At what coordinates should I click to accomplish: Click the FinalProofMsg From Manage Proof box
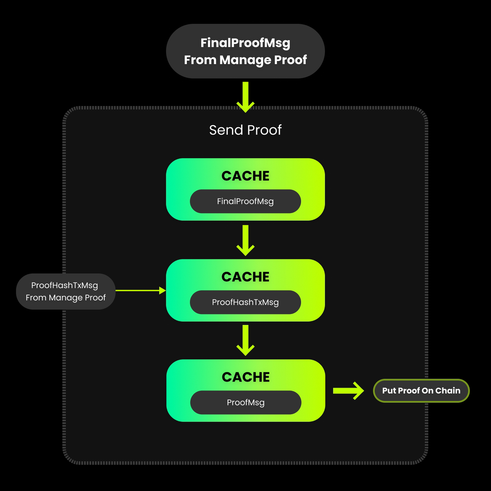pyautogui.click(x=245, y=51)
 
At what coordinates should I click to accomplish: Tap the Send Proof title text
pyautogui.click(x=245, y=130)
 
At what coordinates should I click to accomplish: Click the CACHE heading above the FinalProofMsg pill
pyautogui.click(x=245, y=176)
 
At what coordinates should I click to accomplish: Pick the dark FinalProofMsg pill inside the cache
pyautogui.click(x=245, y=201)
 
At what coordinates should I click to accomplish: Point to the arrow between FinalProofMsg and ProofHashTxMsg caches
pyautogui.click(x=245, y=240)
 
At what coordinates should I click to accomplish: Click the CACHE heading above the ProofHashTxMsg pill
pyautogui.click(x=245, y=277)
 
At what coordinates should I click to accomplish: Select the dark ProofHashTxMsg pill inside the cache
pyautogui.click(x=245, y=302)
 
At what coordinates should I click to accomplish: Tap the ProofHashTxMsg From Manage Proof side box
pyautogui.click(x=66, y=292)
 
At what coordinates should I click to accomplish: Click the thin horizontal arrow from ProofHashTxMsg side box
pyautogui.click(x=138, y=291)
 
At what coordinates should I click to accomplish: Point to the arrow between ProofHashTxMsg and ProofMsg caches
pyautogui.click(x=245, y=340)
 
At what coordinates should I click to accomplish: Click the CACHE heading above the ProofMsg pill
pyautogui.click(x=245, y=377)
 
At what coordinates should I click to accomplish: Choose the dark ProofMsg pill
pyautogui.click(x=245, y=402)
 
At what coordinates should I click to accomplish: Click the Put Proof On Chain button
pyautogui.click(x=421, y=390)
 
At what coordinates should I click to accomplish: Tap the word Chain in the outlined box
pyautogui.click(x=448, y=390)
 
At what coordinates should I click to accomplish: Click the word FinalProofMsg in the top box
pyautogui.click(x=245, y=43)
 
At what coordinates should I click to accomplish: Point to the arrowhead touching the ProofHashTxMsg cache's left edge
pyautogui.click(x=162, y=291)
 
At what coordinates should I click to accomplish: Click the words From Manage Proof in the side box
pyautogui.click(x=66, y=298)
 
